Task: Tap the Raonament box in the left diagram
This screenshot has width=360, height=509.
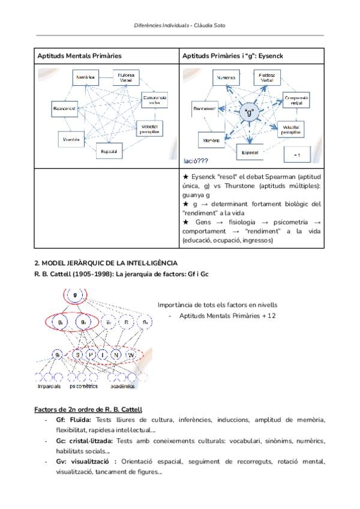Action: coord(64,108)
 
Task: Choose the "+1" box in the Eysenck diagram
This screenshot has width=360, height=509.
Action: coord(297,155)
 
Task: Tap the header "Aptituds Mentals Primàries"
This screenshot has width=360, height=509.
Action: coord(79,56)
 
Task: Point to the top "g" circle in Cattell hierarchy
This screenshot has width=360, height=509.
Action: coord(75,295)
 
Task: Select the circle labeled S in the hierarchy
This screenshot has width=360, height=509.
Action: coord(77,355)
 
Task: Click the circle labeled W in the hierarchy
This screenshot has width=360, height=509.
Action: coord(131,355)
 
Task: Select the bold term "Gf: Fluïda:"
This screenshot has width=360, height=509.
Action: coord(73,420)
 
